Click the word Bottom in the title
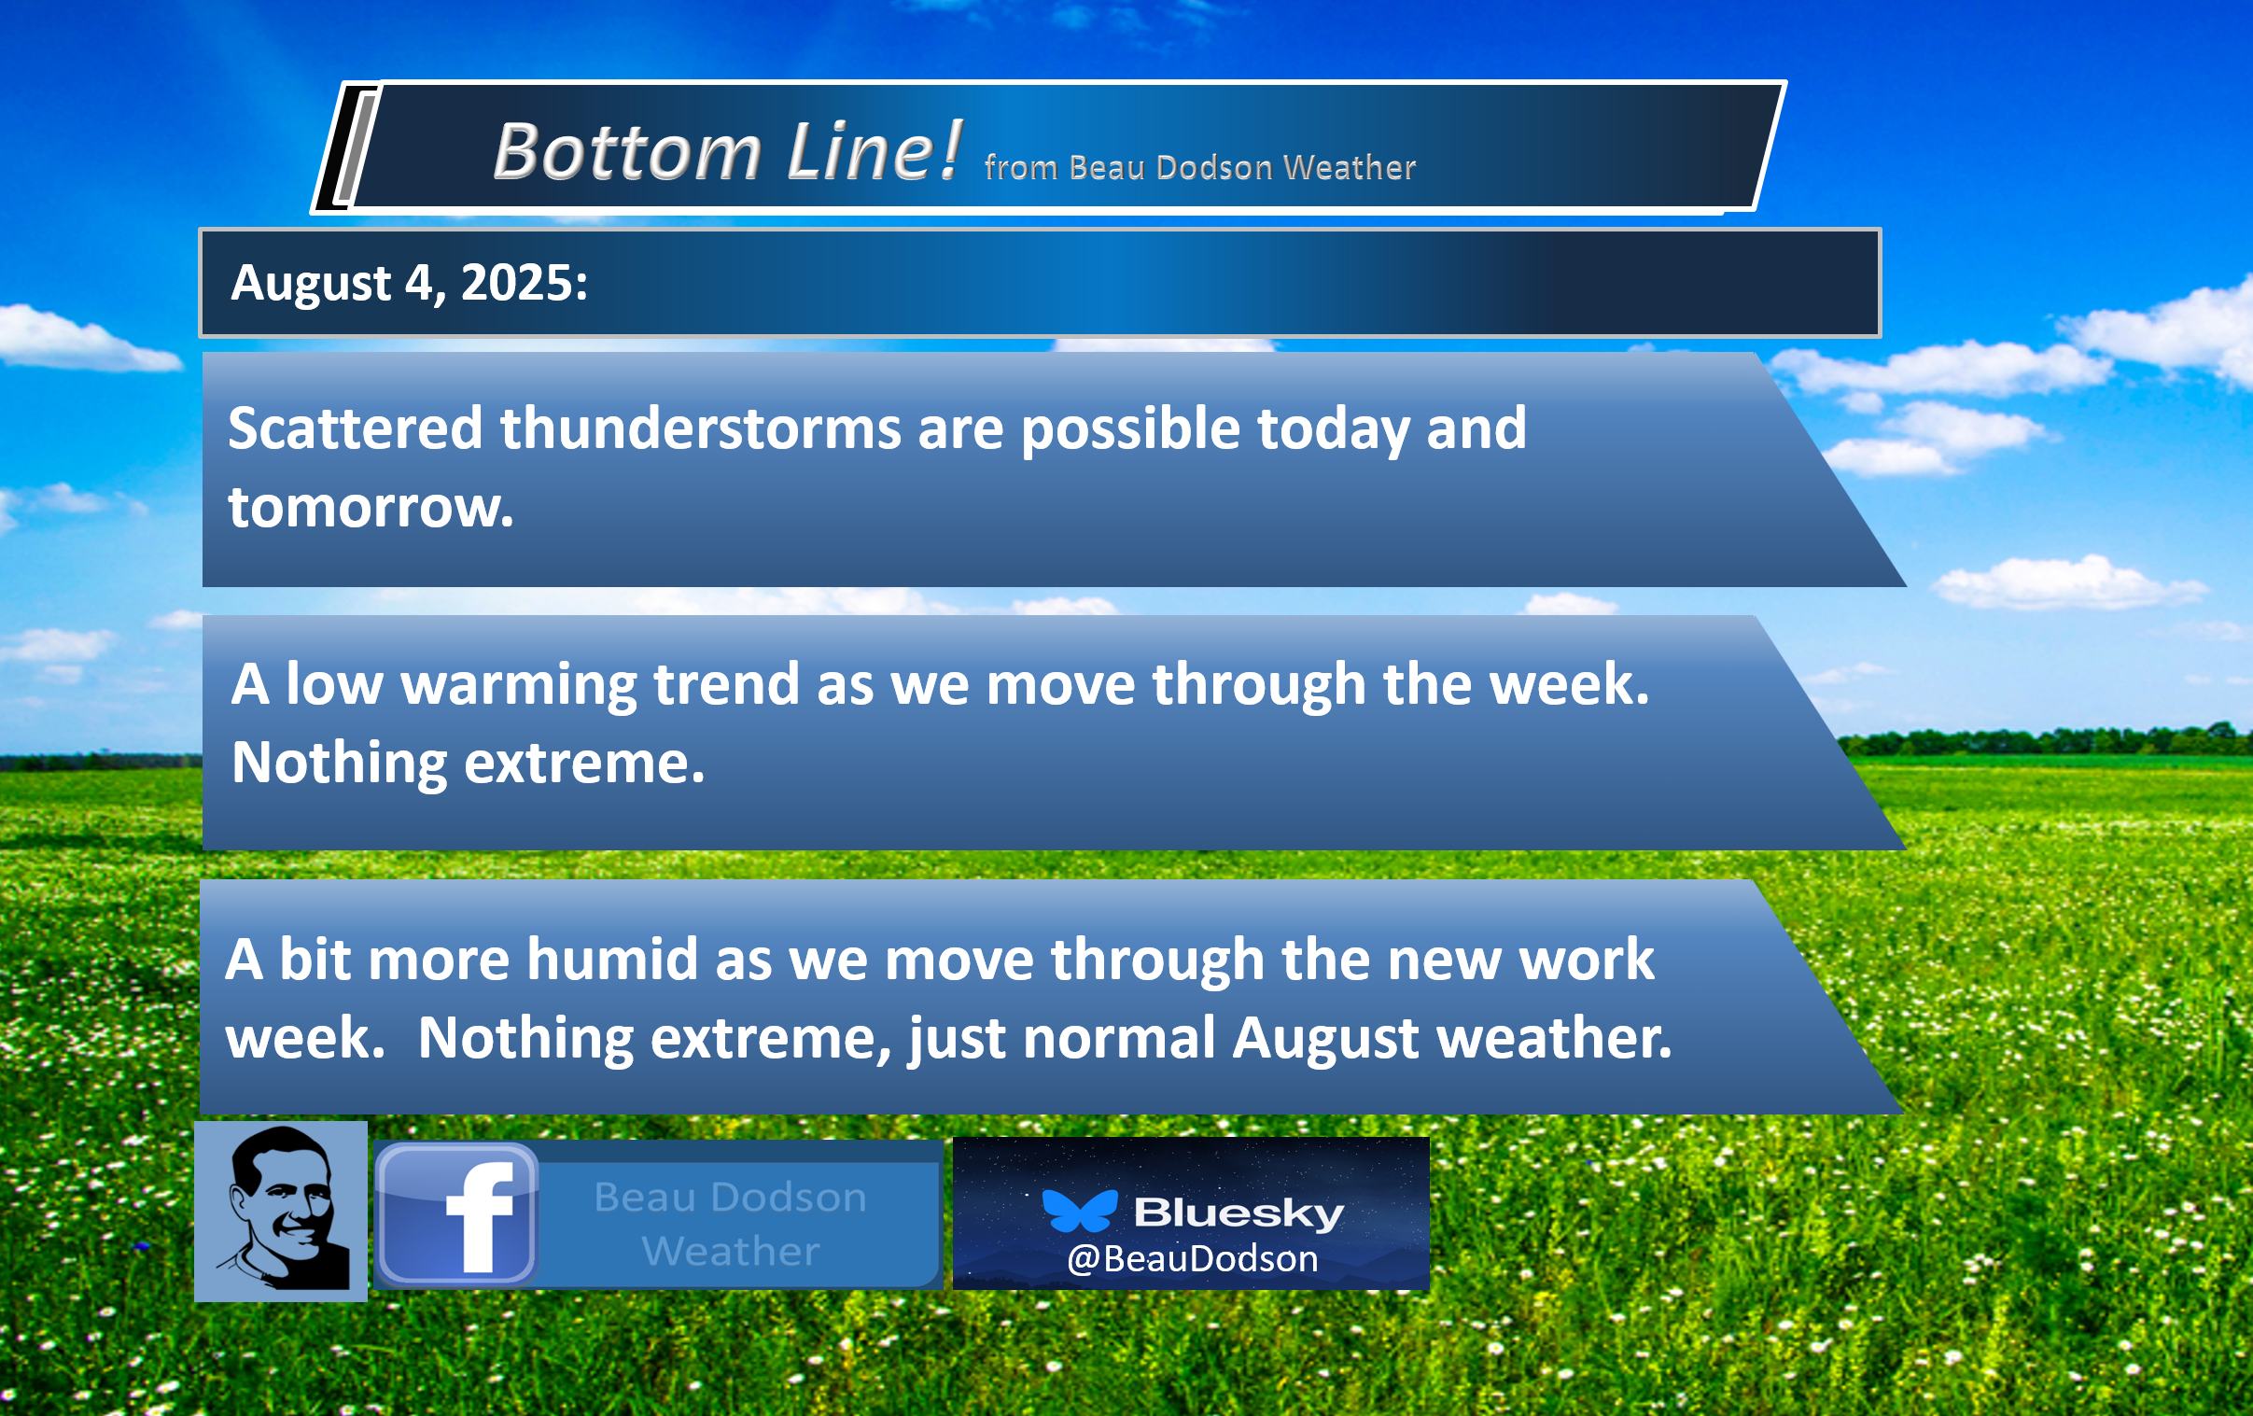click(x=627, y=151)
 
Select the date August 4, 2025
click(x=409, y=283)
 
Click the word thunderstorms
click(x=700, y=428)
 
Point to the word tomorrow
click(x=371, y=507)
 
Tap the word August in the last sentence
click(x=1325, y=1039)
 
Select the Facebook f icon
click(x=457, y=1213)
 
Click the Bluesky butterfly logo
click(x=1080, y=1211)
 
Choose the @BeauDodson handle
click(x=1192, y=1259)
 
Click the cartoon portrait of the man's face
click(x=281, y=1211)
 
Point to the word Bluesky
click(x=1238, y=1213)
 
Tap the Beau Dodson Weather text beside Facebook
click(x=731, y=1224)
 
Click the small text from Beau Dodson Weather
click(x=1199, y=167)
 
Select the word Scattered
click(x=355, y=428)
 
